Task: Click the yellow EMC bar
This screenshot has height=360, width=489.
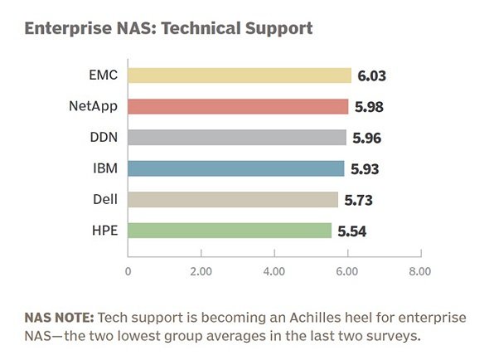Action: [x=240, y=75]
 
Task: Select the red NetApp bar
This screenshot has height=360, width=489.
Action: [x=238, y=106]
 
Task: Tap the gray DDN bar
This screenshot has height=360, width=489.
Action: [x=237, y=138]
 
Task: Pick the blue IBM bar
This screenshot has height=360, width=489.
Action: [x=236, y=168]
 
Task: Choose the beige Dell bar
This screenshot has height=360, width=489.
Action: [x=233, y=200]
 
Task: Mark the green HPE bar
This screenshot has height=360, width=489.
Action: [x=230, y=231]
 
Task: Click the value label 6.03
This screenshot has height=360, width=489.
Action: [x=372, y=75]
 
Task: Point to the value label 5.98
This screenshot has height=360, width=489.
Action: [x=369, y=107]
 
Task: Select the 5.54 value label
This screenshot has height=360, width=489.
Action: [x=352, y=231]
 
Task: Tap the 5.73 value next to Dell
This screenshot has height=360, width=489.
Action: [x=359, y=200]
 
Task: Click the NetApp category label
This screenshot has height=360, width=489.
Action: [x=94, y=106]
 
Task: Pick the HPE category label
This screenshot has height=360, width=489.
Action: [x=105, y=231]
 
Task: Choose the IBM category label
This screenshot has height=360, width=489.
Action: [x=105, y=168]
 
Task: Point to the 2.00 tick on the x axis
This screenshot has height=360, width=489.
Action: [x=201, y=271]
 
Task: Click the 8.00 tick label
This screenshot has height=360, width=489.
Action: [x=420, y=271]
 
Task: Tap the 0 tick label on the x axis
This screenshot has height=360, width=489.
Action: [x=128, y=271]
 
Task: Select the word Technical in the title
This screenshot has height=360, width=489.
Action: [x=201, y=28]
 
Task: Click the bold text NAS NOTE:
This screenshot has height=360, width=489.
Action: [x=59, y=318]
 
